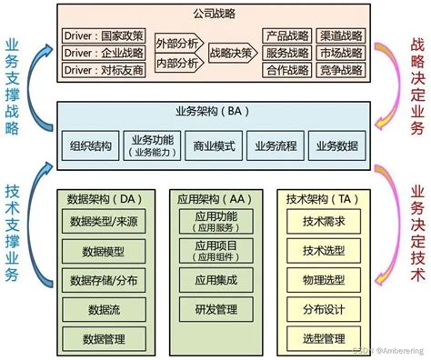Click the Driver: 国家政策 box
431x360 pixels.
pos(105,35)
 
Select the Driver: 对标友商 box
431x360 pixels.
pos(105,69)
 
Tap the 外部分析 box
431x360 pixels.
pos(177,43)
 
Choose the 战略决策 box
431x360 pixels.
pos(230,52)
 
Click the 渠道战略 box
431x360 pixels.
pos(341,35)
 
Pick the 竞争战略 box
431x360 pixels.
pos(341,69)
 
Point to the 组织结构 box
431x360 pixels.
pos(91,145)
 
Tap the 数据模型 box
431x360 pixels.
pos(103,252)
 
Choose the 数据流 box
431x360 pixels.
pos(103,311)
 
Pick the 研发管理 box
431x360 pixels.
pos(215,311)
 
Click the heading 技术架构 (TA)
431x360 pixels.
pos(318,197)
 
